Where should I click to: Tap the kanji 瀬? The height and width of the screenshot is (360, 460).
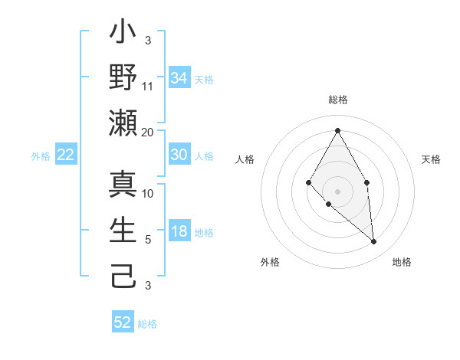point(123,123)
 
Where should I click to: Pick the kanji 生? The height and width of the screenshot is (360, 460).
point(123,231)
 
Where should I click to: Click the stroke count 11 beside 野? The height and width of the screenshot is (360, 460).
point(148,86)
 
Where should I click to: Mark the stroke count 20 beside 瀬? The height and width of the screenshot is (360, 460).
point(148,132)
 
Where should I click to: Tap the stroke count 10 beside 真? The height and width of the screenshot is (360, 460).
point(148,193)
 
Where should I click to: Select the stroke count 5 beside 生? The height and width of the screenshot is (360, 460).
point(148,239)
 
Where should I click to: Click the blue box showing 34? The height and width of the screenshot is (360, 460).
point(179,78)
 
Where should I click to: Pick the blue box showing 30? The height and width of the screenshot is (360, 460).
point(179,155)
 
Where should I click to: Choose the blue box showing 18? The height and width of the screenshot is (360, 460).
point(179,232)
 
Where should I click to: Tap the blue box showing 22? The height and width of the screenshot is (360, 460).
point(65,155)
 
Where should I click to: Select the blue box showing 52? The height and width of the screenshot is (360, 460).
point(123,322)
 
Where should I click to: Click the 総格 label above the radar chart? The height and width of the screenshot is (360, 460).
point(337,100)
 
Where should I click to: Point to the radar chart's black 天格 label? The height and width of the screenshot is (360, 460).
point(432,159)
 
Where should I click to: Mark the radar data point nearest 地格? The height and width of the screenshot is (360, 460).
point(374,242)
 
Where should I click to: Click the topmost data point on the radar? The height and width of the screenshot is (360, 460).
point(337,129)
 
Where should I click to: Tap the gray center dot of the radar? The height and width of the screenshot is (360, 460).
point(337,191)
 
